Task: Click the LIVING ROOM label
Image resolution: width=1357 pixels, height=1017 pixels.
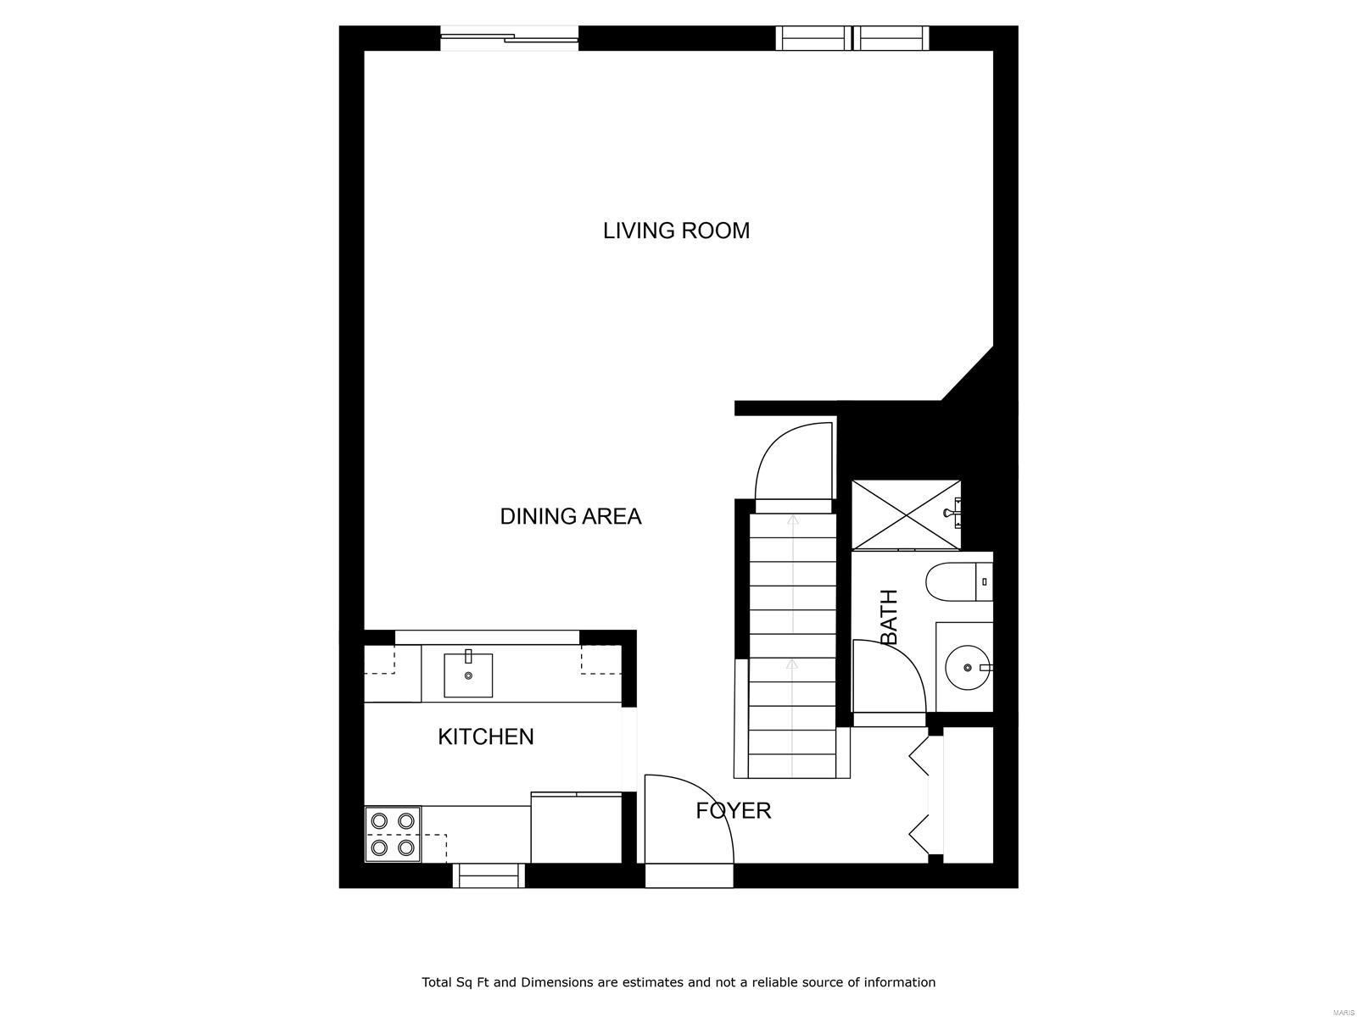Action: [676, 231]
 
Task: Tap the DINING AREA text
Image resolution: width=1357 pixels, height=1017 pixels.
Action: [570, 516]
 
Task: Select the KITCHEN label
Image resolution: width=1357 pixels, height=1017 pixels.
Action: [485, 736]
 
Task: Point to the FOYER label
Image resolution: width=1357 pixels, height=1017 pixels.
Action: [733, 811]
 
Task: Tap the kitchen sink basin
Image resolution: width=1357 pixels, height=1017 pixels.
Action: [468, 675]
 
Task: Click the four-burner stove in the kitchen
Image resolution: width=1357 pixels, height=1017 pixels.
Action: [393, 834]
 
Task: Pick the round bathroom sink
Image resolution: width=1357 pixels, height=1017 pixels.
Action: [967, 667]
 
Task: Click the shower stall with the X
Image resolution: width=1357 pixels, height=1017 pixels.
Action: [906, 514]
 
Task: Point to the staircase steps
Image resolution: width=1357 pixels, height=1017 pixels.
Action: [792, 644]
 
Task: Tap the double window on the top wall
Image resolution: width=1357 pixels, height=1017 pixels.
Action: [852, 38]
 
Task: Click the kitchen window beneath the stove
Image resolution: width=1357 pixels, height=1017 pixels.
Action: [487, 875]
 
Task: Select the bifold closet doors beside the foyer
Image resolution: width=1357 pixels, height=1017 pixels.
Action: [923, 797]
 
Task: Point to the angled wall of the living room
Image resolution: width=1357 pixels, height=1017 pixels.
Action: [968, 373]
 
